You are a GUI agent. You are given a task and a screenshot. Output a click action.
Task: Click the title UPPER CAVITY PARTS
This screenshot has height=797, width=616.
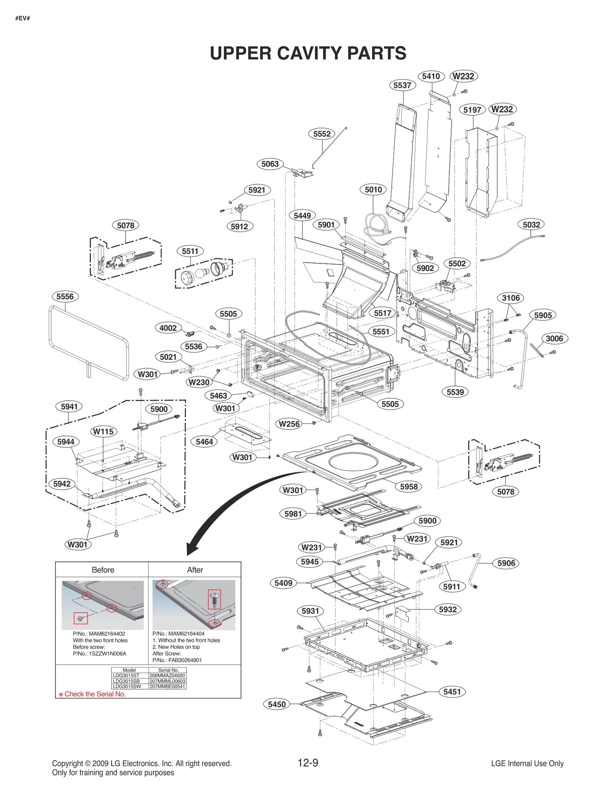point(308,53)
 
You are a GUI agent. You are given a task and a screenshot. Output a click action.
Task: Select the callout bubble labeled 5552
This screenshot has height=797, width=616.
point(321,134)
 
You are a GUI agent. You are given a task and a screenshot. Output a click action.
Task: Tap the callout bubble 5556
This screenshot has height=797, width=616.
point(65,296)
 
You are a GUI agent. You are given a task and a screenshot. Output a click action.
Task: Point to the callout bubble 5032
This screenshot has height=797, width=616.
point(531,224)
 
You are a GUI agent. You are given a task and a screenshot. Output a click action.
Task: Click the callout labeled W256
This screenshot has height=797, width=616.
point(289,424)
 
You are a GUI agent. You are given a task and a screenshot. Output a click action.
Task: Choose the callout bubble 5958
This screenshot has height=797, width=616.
point(408,486)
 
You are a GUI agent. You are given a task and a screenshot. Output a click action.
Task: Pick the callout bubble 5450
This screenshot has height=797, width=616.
point(276,704)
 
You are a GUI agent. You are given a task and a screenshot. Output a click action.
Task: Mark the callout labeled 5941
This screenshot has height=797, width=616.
point(69,406)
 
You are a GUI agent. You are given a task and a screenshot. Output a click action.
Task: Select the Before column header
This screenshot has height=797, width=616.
point(103,570)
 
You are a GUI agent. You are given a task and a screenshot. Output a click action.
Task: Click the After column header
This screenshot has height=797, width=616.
point(195,570)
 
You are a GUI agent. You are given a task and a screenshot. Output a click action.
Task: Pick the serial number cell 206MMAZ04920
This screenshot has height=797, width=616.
point(167,675)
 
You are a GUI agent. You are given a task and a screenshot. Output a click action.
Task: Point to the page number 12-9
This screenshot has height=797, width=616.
point(308,763)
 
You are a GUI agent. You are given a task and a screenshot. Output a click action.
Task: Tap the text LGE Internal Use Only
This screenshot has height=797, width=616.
point(527,764)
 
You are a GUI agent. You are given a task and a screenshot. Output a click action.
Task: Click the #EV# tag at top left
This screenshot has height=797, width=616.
point(23,18)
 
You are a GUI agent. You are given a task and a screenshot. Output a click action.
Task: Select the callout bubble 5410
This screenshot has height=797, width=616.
point(431,76)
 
